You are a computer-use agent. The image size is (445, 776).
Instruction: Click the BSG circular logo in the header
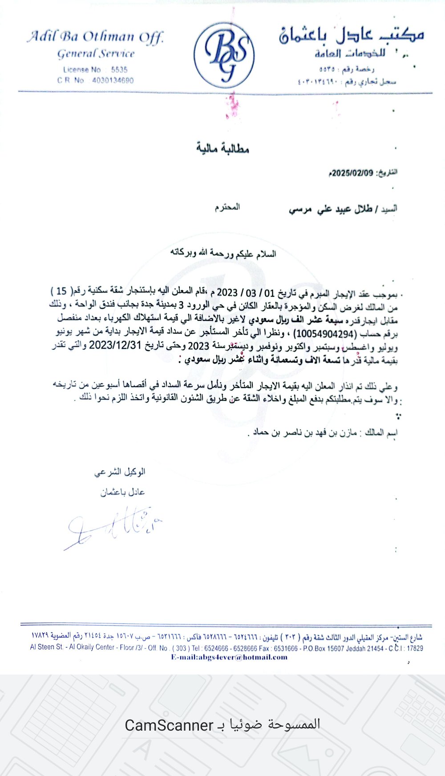point(224,55)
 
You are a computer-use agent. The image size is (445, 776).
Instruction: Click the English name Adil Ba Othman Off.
point(96,37)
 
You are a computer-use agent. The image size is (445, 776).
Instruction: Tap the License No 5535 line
point(95,69)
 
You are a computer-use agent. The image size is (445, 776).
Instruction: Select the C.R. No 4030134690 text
point(95,81)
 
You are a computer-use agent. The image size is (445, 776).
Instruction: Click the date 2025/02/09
point(352,173)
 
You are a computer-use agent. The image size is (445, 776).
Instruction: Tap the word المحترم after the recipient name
point(227,207)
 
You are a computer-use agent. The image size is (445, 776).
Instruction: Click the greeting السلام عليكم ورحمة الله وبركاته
point(223,254)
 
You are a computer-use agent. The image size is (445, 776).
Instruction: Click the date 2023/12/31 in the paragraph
point(115,345)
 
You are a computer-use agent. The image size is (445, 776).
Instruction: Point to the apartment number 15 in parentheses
point(61,291)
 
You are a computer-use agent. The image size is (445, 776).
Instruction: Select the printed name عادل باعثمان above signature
point(122,492)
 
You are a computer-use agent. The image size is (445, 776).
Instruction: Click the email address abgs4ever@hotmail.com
point(229,657)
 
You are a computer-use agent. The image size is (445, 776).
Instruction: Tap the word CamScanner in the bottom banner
point(169,725)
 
